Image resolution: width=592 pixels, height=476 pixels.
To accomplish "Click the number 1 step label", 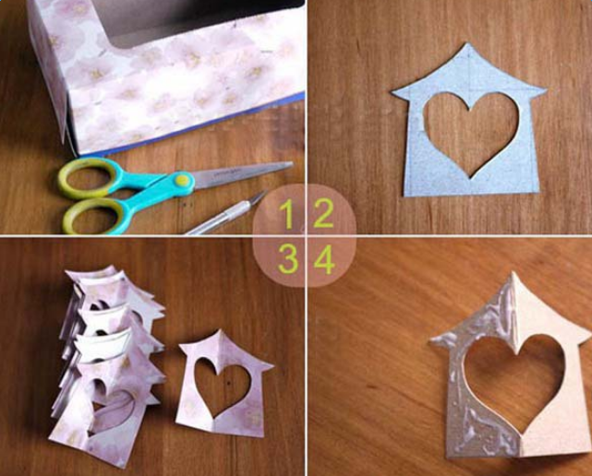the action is pos(288,214).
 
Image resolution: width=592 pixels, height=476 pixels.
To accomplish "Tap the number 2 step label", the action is pos(323,213).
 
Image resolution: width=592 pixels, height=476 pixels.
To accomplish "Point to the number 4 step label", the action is pos(324,259).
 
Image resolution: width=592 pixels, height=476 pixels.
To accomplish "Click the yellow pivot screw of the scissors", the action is pos(182,180).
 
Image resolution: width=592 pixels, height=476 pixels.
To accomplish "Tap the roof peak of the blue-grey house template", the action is pos(467,43).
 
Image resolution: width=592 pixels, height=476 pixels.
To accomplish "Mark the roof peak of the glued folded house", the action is pos(513,273).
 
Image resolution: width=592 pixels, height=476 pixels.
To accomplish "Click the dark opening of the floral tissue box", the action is pos(197,18).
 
